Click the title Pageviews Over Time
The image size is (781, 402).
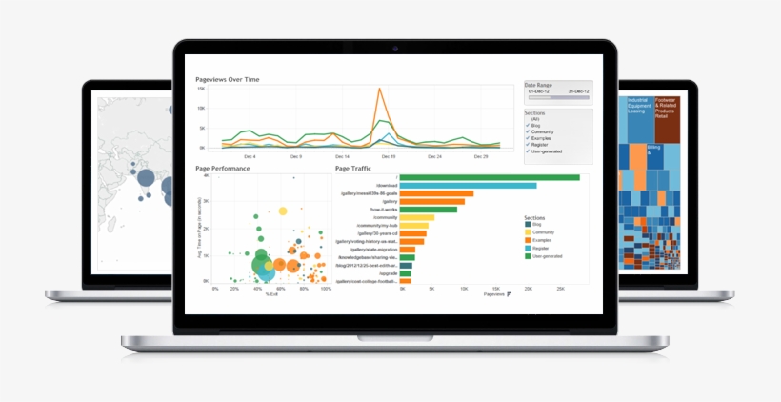click(x=227, y=79)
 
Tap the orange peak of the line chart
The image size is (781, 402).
click(x=380, y=90)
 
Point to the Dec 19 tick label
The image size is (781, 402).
click(x=389, y=156)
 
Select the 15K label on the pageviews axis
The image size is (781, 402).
click(x=202, y=89)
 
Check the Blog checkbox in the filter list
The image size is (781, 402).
click(x=528, y=125)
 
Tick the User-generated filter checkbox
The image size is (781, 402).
click(x=528, y=151)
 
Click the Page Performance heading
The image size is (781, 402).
click(x=223, y=169)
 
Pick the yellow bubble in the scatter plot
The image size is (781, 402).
click(x=282, y=211)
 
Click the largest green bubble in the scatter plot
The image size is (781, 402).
click(x=262, y=255)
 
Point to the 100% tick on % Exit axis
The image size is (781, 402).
click(x=326, y=288)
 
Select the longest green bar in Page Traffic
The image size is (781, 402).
click(x=490, y=177)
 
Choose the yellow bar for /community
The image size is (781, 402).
click(x=417, y=217)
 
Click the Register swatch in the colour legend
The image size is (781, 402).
click(x=528, y=248)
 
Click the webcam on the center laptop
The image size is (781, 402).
click(x=391, y=48)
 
